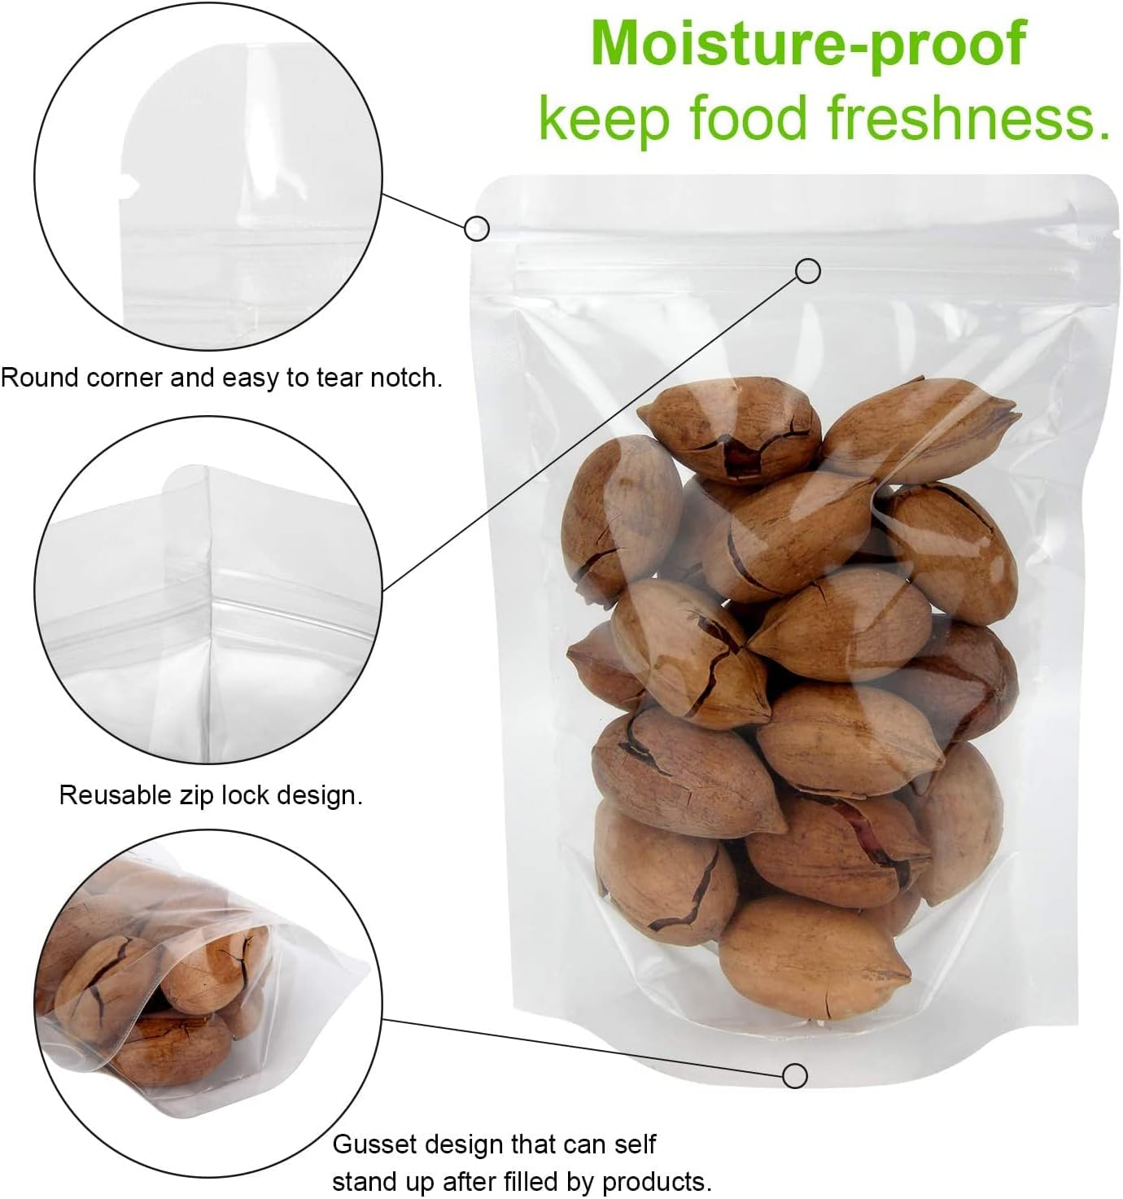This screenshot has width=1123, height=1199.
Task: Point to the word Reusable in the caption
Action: point(115,794)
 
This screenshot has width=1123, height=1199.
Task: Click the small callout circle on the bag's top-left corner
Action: point(477,228)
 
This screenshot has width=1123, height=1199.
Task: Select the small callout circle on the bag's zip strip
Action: point(807,270)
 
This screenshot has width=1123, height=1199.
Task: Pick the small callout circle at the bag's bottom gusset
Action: point(794,1075)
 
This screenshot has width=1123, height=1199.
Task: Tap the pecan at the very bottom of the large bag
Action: point(814,956)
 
